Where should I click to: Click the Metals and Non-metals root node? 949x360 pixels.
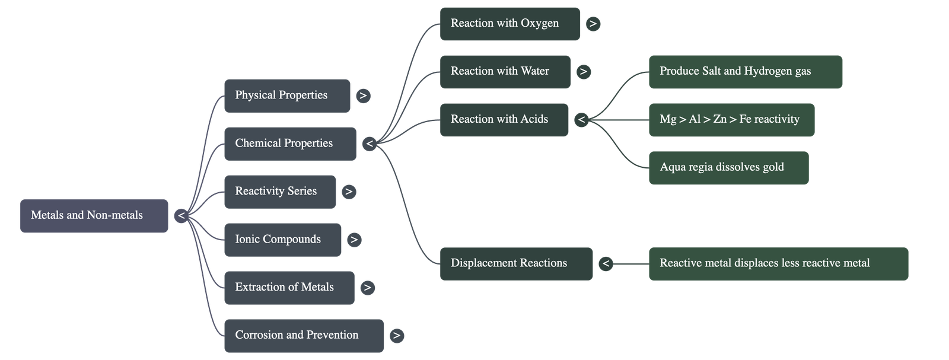(94, 216)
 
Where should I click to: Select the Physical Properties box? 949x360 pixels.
(287, 95)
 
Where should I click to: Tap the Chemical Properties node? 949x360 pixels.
(290, 144)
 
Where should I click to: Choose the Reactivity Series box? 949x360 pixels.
(280, 192)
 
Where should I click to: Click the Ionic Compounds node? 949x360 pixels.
(282, 240)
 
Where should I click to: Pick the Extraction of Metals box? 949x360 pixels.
(289, 288)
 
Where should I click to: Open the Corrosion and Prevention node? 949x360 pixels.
(304, 336)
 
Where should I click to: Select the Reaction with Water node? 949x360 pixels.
(505, 72)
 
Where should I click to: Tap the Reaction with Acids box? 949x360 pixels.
(504, 120)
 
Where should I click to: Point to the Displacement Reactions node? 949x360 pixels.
(516, 264)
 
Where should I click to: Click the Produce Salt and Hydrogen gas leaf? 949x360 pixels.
(745, 72)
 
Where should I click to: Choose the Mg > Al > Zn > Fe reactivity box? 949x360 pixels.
(731, 120)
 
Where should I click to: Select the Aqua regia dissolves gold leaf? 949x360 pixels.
(728, 168)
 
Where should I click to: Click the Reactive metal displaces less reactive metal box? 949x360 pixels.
(778, 264)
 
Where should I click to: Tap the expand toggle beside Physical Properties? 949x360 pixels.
(363, 95)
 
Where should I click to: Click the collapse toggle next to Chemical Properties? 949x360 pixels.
(370, 144)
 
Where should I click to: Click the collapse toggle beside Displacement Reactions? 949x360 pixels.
(606, 264)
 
